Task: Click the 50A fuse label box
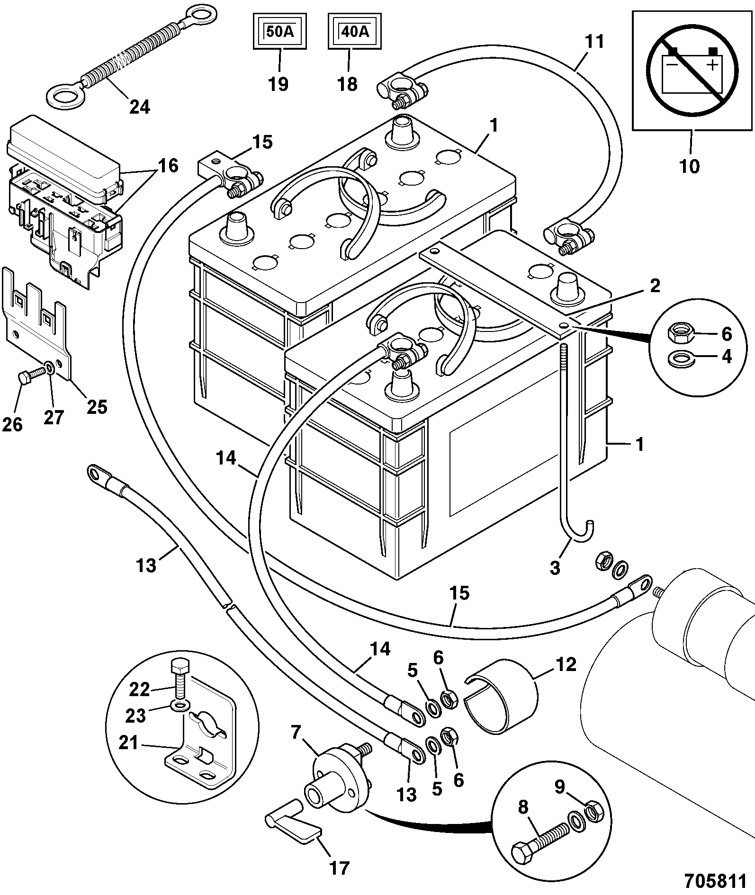[279, 32]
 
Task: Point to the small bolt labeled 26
[29, 378]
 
